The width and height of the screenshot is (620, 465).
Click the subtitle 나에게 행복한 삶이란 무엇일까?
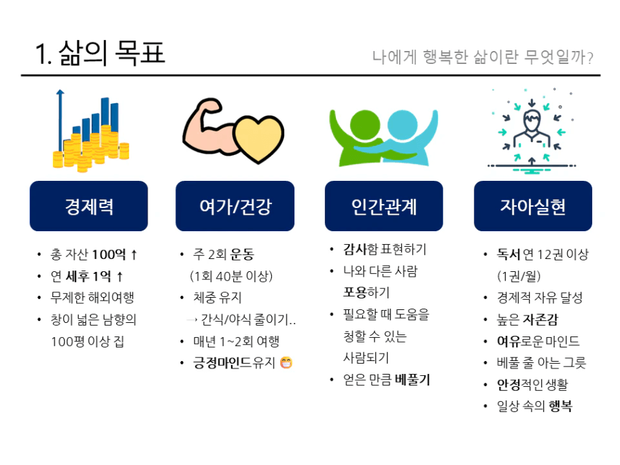483,57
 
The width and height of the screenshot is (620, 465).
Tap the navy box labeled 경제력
88,206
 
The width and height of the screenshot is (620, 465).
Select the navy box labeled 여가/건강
235,206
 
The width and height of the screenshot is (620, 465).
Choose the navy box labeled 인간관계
384,206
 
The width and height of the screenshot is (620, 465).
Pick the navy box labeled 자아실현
533,206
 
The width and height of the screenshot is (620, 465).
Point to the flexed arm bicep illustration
209,126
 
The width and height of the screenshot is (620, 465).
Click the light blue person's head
402,124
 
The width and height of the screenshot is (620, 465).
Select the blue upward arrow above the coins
60,120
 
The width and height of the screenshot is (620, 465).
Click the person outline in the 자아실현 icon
532,129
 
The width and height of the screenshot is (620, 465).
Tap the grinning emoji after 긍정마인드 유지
286,362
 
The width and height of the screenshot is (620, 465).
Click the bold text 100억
109,254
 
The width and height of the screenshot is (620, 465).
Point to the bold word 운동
242,254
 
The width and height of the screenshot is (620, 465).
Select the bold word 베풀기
412,379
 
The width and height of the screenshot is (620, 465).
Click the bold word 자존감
540,319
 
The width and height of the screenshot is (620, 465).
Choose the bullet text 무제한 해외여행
92,297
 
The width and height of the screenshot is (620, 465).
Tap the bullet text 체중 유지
217,297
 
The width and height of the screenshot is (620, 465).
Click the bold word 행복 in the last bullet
560,406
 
